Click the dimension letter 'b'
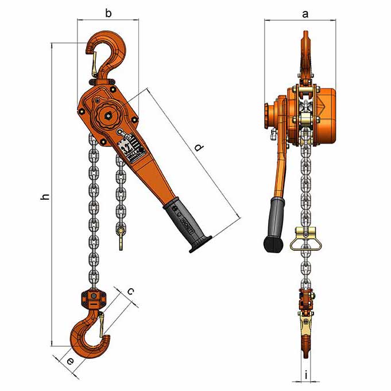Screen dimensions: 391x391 click(x=108, y=13)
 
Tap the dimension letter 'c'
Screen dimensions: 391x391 click(x=131, y=291)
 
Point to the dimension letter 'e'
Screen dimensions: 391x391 click(x=69, y=362)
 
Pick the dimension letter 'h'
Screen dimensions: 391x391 click(x=45, y=196)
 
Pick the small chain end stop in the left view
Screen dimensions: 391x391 click(x=121, y=237)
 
